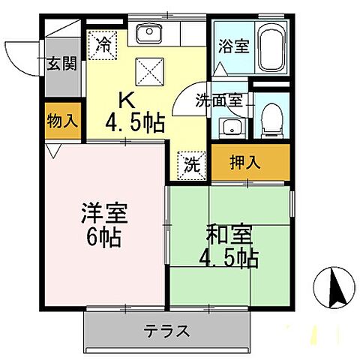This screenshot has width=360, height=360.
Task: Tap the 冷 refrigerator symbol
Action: pos(103,43)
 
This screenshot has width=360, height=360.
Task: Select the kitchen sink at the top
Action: pos(148,33)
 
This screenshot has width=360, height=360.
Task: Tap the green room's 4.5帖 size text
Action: pos(229,259)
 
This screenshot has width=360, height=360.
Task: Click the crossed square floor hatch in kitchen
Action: pos(146,73)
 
